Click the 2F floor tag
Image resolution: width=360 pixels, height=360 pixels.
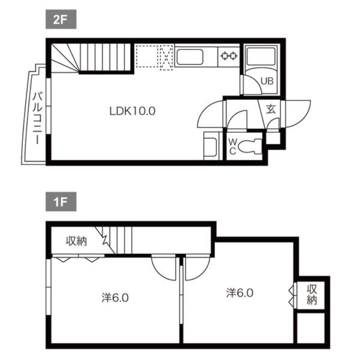[61, 19]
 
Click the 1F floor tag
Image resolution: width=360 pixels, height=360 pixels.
[61, 202]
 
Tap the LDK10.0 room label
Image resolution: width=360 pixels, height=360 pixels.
[132, 111]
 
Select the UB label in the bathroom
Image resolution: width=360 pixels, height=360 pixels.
[267, 81]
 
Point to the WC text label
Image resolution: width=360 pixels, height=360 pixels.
[233, 147]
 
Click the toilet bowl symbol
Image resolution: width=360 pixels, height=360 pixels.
[250, 147]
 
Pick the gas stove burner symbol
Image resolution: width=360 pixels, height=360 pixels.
[229, 56]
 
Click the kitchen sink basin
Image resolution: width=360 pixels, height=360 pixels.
[190, 57]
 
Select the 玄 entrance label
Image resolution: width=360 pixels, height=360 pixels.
[271, 109]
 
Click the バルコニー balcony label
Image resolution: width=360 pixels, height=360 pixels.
[37, 118]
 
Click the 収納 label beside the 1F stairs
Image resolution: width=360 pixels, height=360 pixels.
[76, 241]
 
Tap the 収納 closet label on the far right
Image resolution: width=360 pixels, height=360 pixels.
[312, 294]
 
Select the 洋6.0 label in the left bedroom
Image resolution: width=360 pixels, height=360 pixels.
[115, 298]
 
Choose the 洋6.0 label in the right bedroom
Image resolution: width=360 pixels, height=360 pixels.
[240, 293]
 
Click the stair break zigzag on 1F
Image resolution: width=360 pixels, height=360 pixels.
[105, 240]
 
